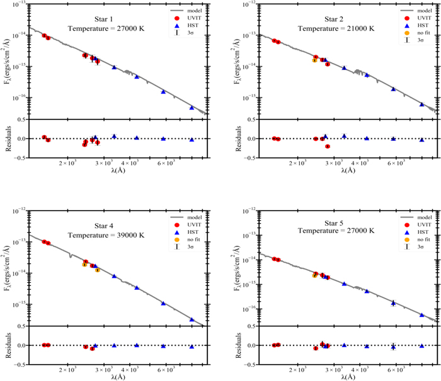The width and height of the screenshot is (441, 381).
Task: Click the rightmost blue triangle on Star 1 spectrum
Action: pyautogui.click(x=192, y=108)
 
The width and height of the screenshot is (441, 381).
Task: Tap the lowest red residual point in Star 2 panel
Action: pyautogui.click(x=328, y=146)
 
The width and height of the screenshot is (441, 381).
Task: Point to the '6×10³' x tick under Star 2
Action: pyautogui.click(x=396, y=163)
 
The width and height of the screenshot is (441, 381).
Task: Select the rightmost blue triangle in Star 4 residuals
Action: pyautogui.click(x=192, y=346)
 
